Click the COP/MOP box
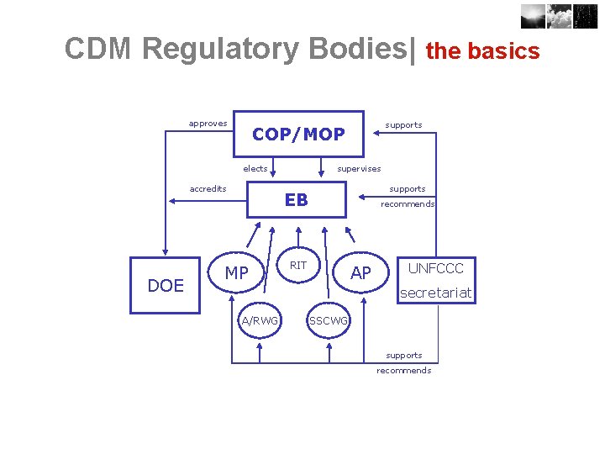[x=298, y=134]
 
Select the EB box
[x=296, y=200]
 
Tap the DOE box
[x=166, y=285]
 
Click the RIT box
[x=298, y=266]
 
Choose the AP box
[x=360, y=272]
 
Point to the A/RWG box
[x=260, y=320]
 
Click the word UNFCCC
[x=435, y=268]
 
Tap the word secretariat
[x=435, y=293]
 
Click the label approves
[x=208, y=124]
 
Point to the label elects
[x=255, y=169]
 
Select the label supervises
[x=359, y=169]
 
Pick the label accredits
[x=208, y=189]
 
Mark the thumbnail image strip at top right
[x=558, y=16]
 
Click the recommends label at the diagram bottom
[x=403, y=371]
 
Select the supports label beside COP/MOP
[x=403, y=125]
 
